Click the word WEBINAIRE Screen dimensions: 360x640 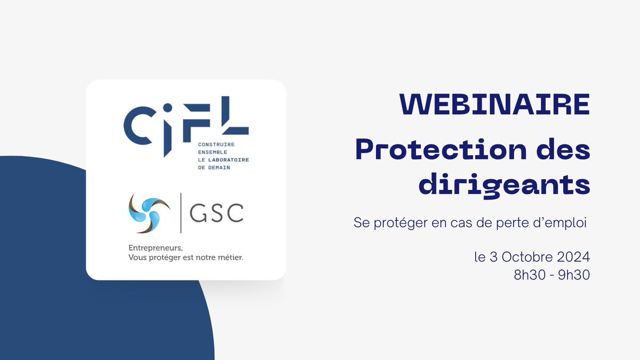coord(494,105)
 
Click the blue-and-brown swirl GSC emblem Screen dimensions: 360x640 coord(149,212)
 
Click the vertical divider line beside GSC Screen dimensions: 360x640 coord(181,213)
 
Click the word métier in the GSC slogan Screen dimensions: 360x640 coord(229,258)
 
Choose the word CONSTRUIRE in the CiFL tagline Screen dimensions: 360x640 coord(216,145)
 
